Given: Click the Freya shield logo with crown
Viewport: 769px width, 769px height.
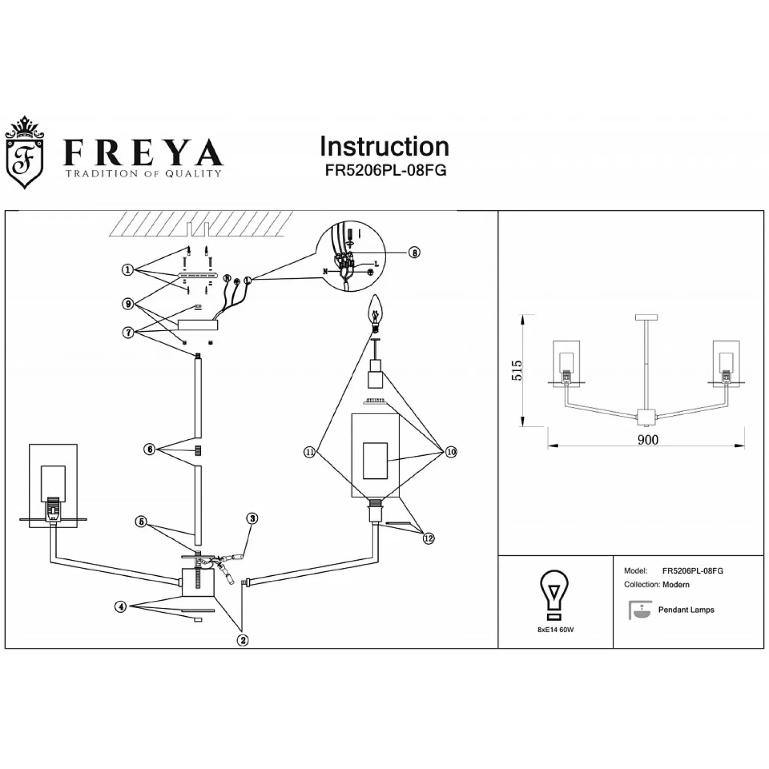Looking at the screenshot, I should click(24, 153).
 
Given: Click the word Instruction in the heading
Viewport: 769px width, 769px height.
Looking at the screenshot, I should click(385, 147).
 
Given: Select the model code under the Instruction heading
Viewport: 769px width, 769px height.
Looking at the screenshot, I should click(386, 171).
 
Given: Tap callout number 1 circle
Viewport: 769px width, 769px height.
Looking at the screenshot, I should click(128, 270).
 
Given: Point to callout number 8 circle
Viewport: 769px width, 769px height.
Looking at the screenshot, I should click(414, 252).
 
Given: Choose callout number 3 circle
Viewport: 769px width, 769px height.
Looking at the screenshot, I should click(251, 518).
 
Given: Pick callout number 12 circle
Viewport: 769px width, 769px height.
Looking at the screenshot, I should click(428, 538).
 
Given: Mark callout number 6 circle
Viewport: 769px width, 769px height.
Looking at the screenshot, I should click(150, 450).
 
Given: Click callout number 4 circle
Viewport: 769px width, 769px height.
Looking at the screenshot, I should click(120, 607).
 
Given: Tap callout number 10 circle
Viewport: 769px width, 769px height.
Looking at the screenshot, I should click(451, 452).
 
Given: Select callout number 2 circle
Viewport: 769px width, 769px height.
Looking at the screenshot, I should click(242, 640).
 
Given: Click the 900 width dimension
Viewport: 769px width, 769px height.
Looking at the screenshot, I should click(647, 440).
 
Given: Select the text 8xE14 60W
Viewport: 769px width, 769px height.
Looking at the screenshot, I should click(556, 630).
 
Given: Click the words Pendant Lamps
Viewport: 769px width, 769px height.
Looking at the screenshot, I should click(686, 610).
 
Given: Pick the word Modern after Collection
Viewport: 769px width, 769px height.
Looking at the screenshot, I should click(676, 584).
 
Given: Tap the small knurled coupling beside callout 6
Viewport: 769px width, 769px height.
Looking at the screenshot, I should click(198, 451).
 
